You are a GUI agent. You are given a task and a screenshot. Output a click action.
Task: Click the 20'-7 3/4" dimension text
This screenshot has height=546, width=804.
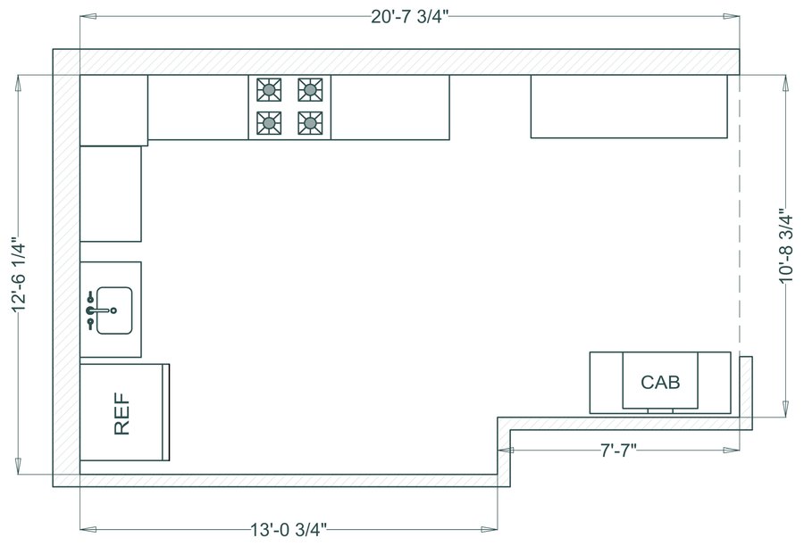pos(410,17)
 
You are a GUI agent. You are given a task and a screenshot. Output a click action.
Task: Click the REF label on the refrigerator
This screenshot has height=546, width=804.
pos(122,413)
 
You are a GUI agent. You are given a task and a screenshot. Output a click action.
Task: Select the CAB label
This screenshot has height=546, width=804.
pos(660,383)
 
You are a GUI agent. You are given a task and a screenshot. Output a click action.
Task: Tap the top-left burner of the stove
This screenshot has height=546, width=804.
pos(268,89)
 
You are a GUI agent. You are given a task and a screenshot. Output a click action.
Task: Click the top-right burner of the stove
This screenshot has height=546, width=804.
pos(310,89)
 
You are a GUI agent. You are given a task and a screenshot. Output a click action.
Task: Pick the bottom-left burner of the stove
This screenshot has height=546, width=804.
pos(268,122)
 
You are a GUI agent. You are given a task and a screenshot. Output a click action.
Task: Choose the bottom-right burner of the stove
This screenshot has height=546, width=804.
pos(310,122)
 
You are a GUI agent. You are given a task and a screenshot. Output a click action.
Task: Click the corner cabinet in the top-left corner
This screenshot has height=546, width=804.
pos(113,110)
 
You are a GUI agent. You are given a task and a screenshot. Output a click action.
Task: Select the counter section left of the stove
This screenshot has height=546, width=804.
pos(197,107)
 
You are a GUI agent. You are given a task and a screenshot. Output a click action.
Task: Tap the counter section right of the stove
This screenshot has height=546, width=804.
pos(389,107)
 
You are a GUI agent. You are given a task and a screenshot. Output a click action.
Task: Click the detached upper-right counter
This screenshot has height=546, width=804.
pos(629,106)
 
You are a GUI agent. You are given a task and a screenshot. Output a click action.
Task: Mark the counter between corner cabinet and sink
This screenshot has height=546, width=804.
pos(111,194)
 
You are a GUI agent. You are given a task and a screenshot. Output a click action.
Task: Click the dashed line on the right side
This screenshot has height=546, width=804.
pos(739,223)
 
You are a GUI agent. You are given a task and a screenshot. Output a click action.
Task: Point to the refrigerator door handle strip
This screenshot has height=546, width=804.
pos(167,411)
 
